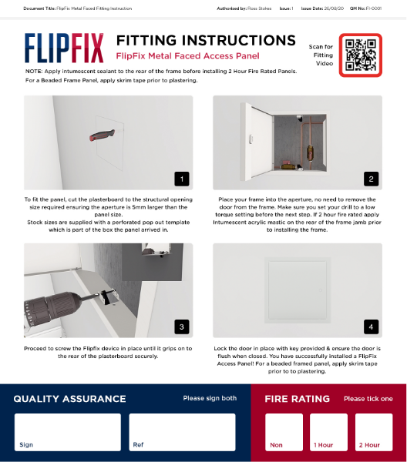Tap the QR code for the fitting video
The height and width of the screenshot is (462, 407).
pos(360,55)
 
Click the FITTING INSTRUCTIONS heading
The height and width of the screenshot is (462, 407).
pos(205,41)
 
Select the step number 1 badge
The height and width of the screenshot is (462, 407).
pos(181,179)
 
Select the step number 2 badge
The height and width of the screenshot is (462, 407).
pos(370,179)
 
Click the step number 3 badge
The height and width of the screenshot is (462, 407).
pos(181,326)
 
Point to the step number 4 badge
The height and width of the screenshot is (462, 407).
pos(370,326)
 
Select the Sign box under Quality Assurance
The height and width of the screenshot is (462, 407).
pos(68,432)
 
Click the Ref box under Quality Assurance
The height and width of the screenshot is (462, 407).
pos(182,432)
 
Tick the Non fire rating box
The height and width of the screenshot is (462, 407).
pos(284,432)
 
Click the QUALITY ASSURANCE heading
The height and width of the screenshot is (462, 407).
pos(69,399)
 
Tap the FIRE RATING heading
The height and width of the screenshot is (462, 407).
pos(297,399)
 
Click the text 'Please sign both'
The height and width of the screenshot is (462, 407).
pos(210,399)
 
